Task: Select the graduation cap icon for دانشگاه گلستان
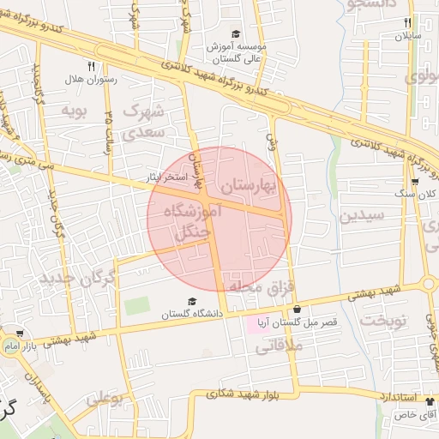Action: coord(192,301)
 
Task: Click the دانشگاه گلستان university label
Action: coord(192,315)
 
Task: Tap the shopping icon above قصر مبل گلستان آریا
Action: coord(297,309)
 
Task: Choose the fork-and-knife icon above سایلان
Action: coord(408,23)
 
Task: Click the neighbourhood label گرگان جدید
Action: coord(77,280)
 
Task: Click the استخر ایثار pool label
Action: coord(162,177)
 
